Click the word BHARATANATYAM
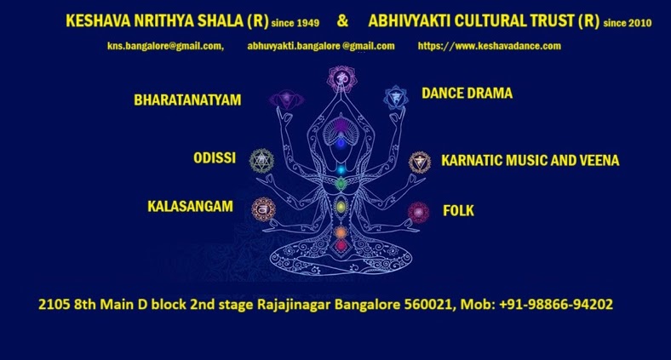click(187, 100)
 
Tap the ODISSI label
click(215, 158)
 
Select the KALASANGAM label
click(190, 207)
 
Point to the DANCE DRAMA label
click(467, 94)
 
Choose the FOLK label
click(458, 210)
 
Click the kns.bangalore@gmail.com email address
click(165, 46)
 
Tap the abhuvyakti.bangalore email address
click(321, 46)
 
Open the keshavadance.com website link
click(489, 46)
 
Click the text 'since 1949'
click(295, 23)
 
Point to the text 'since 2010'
click(628, 23)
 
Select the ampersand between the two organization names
click(342, 20)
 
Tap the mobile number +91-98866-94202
click(556, 305)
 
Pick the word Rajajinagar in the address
click(294, 305)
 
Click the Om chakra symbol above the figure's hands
click(341, 78)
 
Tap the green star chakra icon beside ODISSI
click(261, 161)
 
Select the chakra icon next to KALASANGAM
click(263, 209)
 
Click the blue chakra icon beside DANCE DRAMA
click(396, 98)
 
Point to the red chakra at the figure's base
click(341, 246)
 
